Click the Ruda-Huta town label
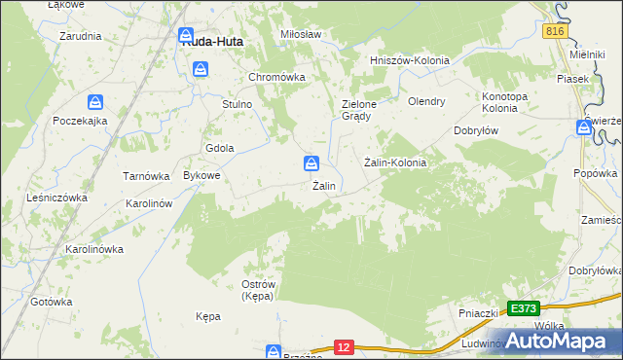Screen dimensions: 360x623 pos(212,42)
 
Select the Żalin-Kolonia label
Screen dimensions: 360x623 pos(395,162)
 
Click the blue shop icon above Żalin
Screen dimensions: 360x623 pos(311,162)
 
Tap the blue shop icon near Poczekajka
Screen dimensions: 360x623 pos(95,102)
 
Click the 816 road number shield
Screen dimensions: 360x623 pos(555,32)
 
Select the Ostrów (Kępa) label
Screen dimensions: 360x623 pos(257,289)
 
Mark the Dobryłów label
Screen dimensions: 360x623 pos(477,130)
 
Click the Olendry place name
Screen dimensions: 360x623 pos(426,100)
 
